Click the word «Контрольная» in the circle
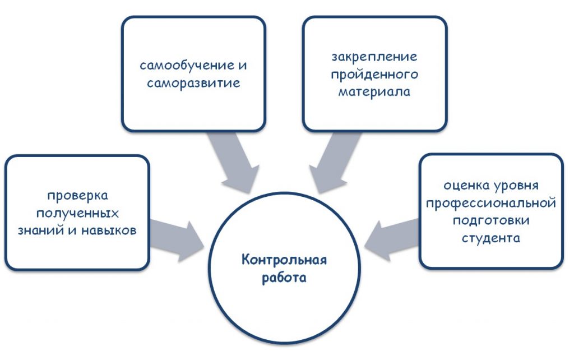(284, 260)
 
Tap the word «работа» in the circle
(284, 277)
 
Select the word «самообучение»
(187, 66)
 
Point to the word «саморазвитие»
(193, 83)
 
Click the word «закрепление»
(374, 57)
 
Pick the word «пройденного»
(374, 75)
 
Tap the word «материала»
(374, 91)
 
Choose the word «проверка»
(77, 196)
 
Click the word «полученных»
(77, 213)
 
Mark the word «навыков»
(109, 230)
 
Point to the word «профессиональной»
(491, 203)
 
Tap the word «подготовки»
(491, 220)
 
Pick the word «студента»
(491, 238)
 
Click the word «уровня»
(516, 186)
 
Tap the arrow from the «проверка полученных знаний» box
(177, 240)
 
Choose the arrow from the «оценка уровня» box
(391, 239)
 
